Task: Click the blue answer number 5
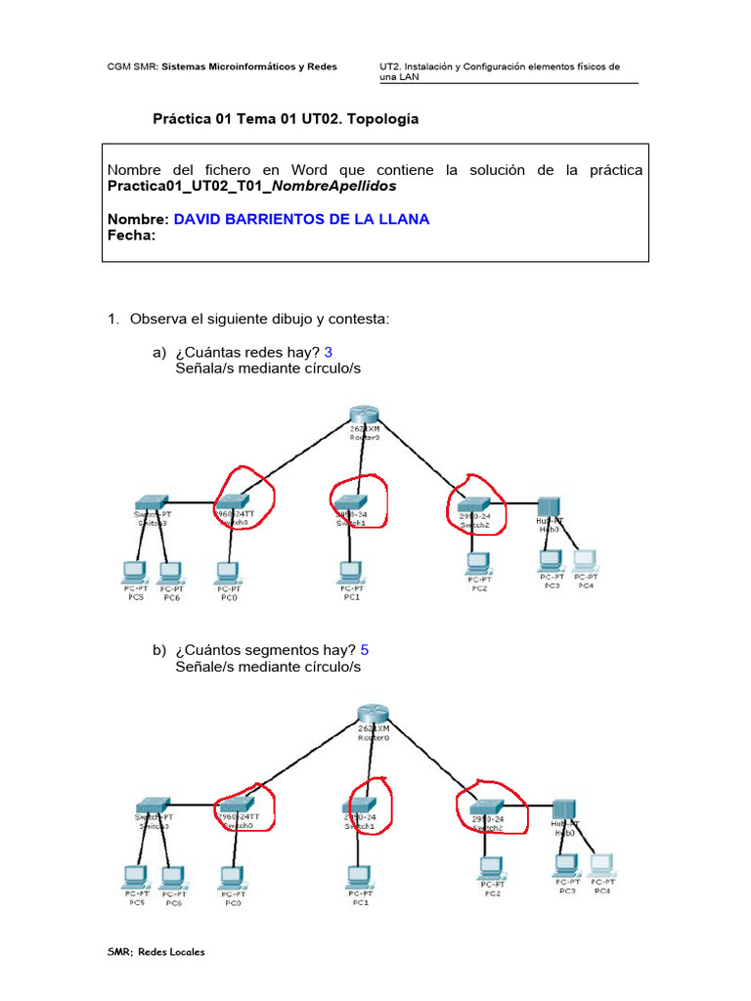pyautogui.click(x=365, y=649)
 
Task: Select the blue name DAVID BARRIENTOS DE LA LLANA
pyautogui.click(x=301, y=219)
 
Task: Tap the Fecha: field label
pyautogui.click(x=131, y=235)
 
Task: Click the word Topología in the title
pyautogui.click(x=376, y=118)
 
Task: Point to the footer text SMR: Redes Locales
pyautogui.click(x=156, y=952)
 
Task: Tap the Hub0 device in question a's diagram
pyautogui.click(x=548, y=508)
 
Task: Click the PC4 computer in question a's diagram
pyautogui.click(x=585, y=560)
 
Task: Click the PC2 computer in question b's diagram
pyautogui.click(x=491, y=867)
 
